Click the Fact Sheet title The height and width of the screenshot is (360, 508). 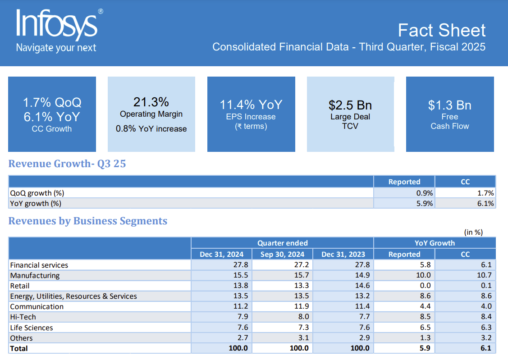click(441, 30)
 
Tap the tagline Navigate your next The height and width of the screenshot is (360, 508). click(56, 48)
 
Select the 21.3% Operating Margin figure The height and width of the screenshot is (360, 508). click(151, 102)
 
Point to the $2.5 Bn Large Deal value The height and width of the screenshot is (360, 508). click(350, 105)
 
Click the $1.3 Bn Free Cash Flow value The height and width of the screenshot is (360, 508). click(449, 105)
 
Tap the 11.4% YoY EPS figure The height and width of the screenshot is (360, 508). click(251, 105)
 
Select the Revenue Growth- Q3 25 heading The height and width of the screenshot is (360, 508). click(67, 164)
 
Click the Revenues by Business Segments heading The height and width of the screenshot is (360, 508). click(88, 221)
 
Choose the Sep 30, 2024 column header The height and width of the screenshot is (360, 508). click(282, 254)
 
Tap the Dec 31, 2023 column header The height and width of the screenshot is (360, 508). click(343, 254)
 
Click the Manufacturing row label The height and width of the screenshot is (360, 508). click(35, 275)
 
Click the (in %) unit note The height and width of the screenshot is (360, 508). click(473, 232)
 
